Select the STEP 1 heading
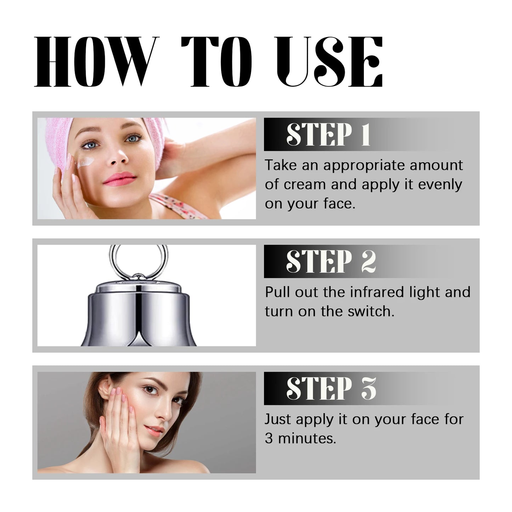coord(328,135)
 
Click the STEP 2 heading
coord(330,262)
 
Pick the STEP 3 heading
coord(330,389)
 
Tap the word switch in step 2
coord(374,311)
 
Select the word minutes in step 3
coord(306,439)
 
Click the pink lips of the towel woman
coord(118,177)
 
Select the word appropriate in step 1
coord(363,166)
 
